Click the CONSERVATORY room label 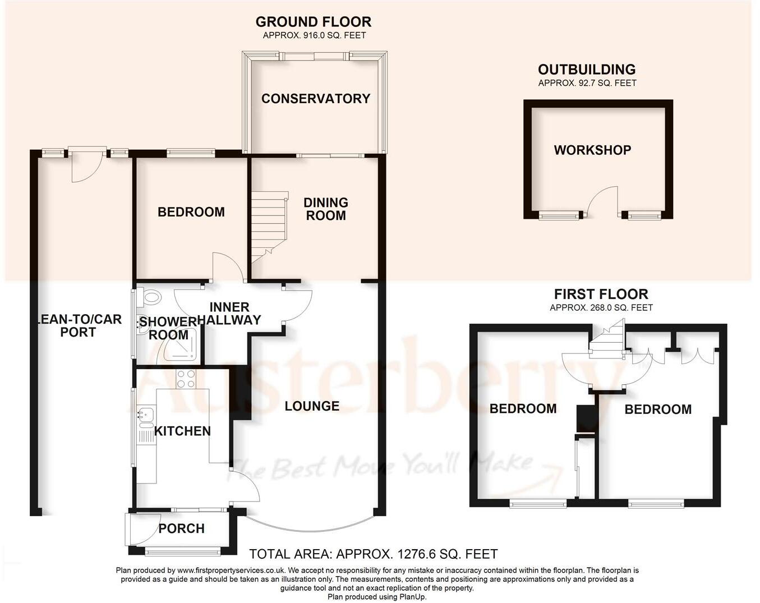click(x=316, y=99)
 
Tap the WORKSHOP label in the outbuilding click(x=592, y=150)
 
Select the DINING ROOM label click(x=325, y=209)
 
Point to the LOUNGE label click(x=312, y=406)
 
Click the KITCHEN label click(x=182, y=431)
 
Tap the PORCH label click(x=181, y=528)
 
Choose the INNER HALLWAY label click(x=229, y=314)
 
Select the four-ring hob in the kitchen click(x=186, y=379)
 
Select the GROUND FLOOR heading click(x=313, y=22)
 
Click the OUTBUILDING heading click(x=587, y=70)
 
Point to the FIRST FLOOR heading click(x=601, y=294)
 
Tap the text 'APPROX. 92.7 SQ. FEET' click(x=587, y=83)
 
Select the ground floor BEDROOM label click(x=191, y=212)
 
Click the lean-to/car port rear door click(x=86, y=164)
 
